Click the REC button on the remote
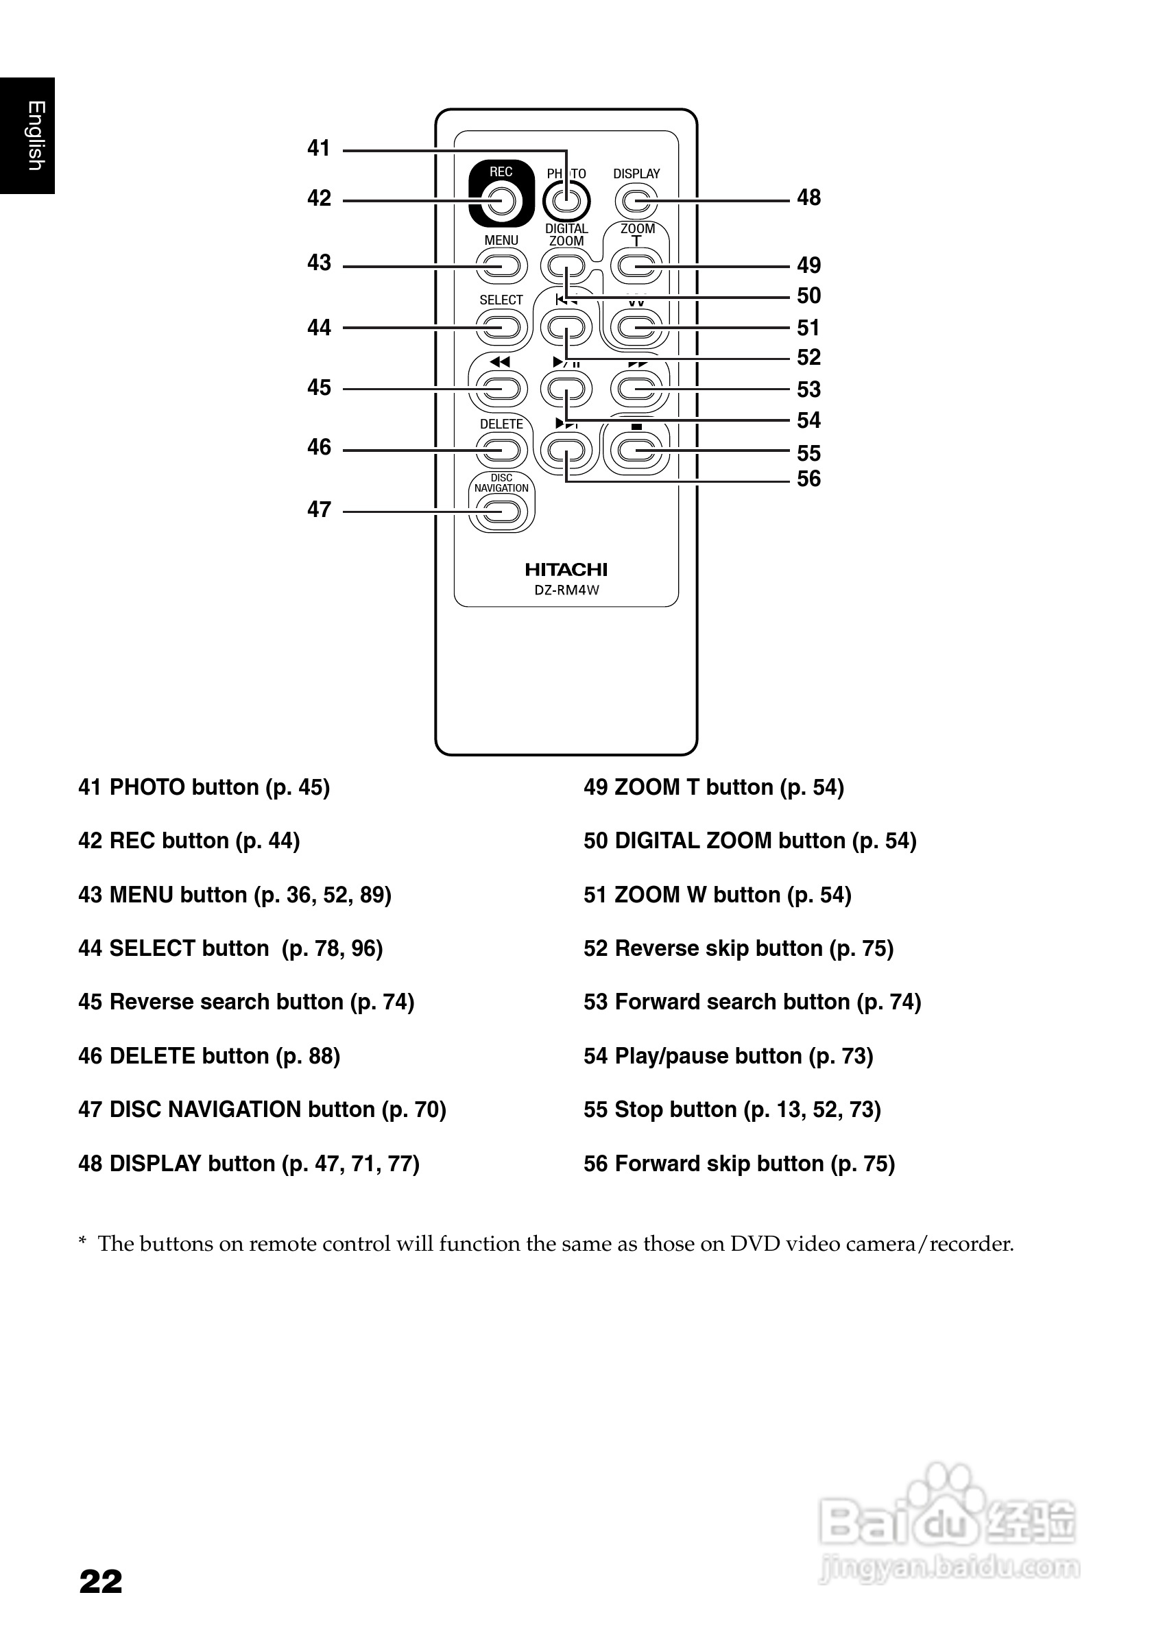pos(501,200)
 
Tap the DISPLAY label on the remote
pos(636,173)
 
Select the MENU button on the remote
pos(501,267)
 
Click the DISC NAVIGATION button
pos(501,511)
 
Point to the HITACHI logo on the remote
pos(566,569)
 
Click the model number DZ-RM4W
pos(566,590)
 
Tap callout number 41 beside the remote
pos(319,148)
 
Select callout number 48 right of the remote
pos(808,197)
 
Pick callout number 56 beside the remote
pos(808,479)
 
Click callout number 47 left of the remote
pos(319,509)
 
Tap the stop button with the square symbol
pos(636,450)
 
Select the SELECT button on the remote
pos(501,328)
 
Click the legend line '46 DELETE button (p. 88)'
pos(209,1056)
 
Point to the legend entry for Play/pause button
pos(728,1056)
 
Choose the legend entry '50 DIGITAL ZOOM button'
pos(749,841)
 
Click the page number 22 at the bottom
pos(101,1582)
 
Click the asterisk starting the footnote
pos(82,1242)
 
